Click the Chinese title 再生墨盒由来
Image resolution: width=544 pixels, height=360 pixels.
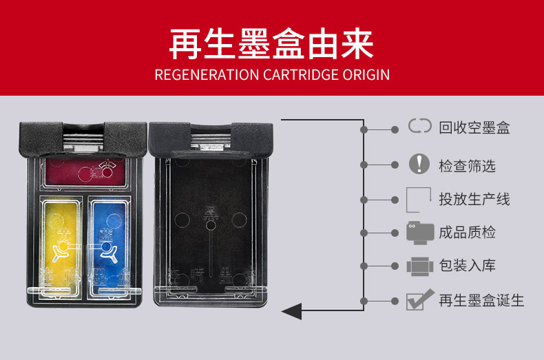tap(271, 44)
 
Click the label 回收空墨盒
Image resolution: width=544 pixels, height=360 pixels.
tap(474, 127)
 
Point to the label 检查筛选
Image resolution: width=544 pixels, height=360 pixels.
tap(467, 165)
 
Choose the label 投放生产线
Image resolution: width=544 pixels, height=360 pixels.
tap(474, 199)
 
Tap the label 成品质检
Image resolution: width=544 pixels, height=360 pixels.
tap(467, 232)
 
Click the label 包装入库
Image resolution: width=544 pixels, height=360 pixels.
tap(467, 266)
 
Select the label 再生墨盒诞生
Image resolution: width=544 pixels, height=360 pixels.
tap(481, 300)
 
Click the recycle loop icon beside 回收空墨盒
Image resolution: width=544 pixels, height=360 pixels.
tap(419, 127)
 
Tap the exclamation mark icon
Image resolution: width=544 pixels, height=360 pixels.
tap(419, 164)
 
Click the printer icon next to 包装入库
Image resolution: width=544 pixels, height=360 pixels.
tap(418, 266)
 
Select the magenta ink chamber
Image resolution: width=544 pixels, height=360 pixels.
tap(85, 171)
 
